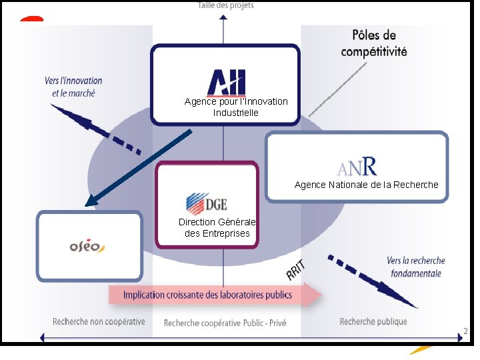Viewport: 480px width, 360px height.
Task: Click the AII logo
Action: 226,82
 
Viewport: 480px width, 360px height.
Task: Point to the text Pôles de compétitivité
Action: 373,43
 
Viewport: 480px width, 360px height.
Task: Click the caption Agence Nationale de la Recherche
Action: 366,185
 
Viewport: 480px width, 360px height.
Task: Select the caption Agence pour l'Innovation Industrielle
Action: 236,107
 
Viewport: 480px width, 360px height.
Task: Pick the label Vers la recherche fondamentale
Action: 415,267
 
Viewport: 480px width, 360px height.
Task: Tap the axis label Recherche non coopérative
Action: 99,321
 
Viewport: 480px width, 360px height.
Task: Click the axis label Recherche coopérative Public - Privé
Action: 225,323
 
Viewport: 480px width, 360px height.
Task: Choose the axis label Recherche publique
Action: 373,321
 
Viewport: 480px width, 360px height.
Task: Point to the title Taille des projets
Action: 225,5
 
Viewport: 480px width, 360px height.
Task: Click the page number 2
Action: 465,331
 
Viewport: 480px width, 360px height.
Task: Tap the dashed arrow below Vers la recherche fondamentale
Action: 373,280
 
